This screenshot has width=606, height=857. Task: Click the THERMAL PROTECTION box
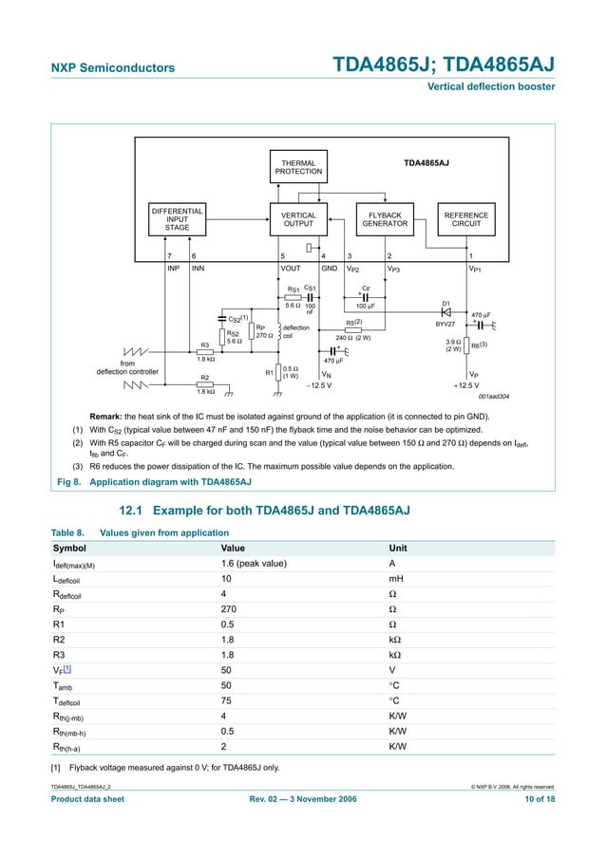[298, 167]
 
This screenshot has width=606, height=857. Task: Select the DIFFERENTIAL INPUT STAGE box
[178, 219]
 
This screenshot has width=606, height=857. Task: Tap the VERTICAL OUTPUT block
[298, 219]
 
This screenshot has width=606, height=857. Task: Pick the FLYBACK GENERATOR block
[385, 219]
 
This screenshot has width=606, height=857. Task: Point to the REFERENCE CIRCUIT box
[466, 219]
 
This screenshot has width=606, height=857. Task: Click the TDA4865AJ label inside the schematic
[426, 163]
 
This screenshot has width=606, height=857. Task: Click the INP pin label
[173, 269]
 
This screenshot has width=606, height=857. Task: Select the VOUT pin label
[291, 269]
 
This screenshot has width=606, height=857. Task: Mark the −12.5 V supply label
[318, 385]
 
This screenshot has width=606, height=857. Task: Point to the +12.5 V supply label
[467, 385]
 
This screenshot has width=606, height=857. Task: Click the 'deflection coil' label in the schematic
[295, 331]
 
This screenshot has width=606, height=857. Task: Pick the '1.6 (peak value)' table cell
[254, 564]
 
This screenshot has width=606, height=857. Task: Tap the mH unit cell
[397, 578]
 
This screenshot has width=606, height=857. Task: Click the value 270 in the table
[229, 608]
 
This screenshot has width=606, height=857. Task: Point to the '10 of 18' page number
[538, 799]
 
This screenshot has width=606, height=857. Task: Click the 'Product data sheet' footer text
[87, 799]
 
